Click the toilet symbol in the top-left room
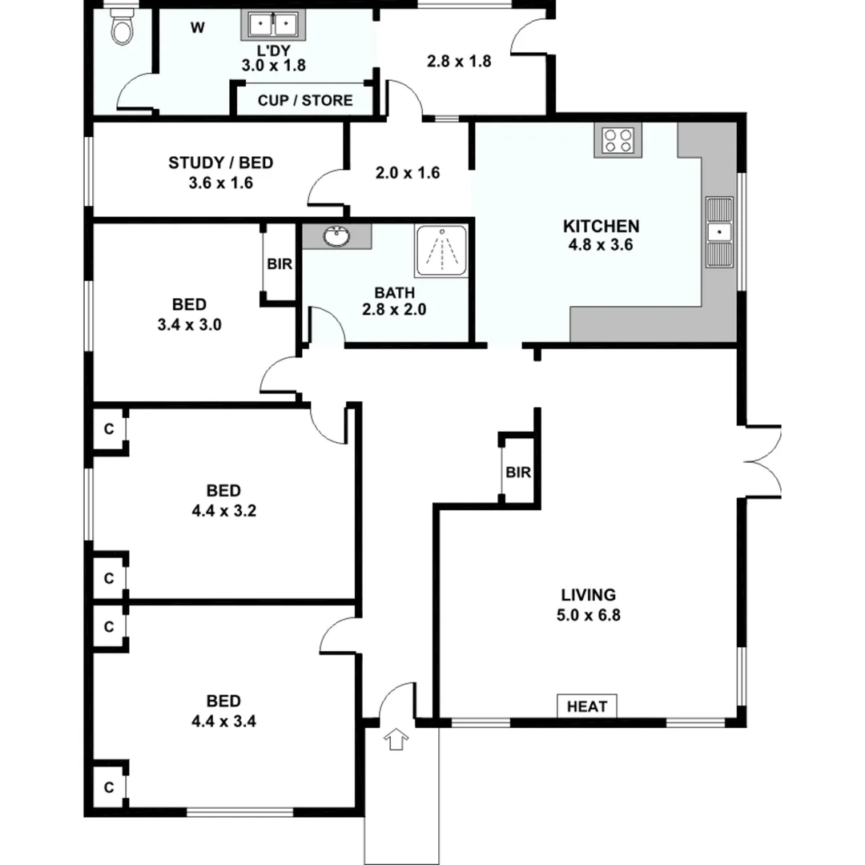122,30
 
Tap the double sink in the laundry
271,26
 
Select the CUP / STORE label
304,100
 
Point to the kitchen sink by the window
719,232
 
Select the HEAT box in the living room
587,706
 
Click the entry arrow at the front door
396,739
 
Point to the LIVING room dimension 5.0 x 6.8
588,616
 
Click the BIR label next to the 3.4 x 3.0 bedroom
280,264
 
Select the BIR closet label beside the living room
518,473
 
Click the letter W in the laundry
197,29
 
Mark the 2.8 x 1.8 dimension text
458,61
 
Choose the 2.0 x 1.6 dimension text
408,172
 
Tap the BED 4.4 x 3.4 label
223,710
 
